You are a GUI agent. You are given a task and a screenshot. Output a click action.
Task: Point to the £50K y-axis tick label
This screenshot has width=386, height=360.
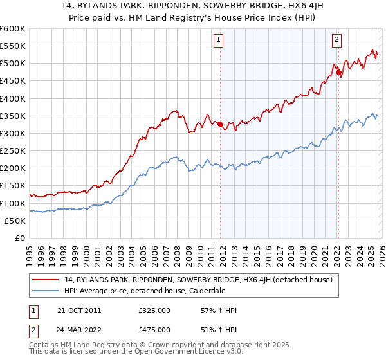click(x=15, y=221)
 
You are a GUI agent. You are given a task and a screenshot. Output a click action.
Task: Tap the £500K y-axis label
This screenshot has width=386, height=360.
click(x=12, y=64)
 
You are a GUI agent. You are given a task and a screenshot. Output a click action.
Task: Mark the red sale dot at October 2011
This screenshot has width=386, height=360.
click(x=220, y=124)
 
